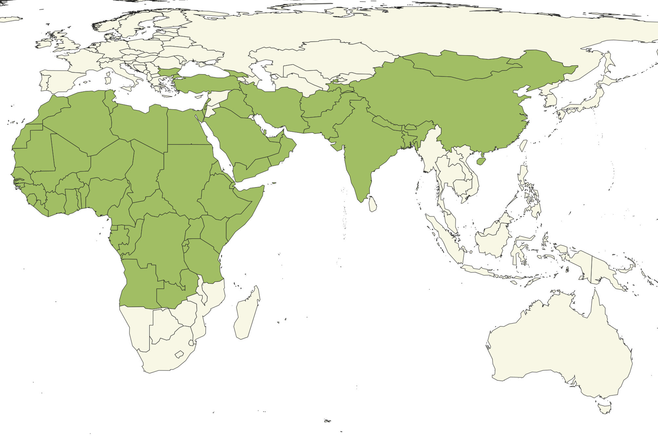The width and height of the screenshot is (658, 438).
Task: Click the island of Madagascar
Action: point(246,315)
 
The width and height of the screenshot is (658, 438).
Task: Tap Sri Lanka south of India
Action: point(373,204)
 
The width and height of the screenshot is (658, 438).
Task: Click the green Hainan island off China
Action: point(481,161)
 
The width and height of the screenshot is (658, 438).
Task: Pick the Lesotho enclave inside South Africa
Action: point(179,354)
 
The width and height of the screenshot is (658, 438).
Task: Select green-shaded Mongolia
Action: point(465,67)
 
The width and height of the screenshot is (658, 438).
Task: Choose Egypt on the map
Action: point(185,128)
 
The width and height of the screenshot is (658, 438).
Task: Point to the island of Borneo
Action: point(493,238)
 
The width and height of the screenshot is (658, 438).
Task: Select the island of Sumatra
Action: point(446,236)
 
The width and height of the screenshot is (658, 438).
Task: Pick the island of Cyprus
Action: point(198,97)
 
